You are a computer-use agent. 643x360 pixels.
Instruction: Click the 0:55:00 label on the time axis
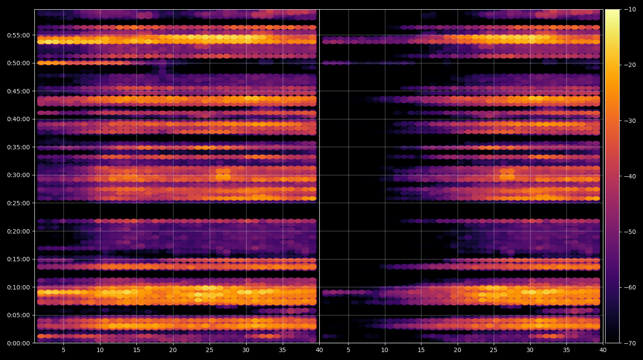18,35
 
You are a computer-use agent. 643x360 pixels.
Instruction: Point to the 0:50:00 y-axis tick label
18,63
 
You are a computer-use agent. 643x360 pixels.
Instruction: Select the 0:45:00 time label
18,91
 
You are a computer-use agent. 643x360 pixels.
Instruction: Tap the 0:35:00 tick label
18,147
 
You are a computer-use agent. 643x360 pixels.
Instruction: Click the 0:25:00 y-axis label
18,204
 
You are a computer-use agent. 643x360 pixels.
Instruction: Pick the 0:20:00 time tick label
18,231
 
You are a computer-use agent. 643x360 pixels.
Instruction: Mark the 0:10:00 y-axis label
18,287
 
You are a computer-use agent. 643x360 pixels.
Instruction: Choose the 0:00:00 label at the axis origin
18,343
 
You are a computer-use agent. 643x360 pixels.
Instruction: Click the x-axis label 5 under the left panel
63,350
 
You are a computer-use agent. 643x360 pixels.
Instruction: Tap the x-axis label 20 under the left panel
173,350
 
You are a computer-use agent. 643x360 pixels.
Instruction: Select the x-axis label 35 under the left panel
282,350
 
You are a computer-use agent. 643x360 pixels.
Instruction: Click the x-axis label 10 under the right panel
384,350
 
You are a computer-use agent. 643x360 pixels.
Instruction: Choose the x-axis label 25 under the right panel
493,350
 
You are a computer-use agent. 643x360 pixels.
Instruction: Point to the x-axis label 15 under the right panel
421,350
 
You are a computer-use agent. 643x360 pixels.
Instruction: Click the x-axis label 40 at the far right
603,350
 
